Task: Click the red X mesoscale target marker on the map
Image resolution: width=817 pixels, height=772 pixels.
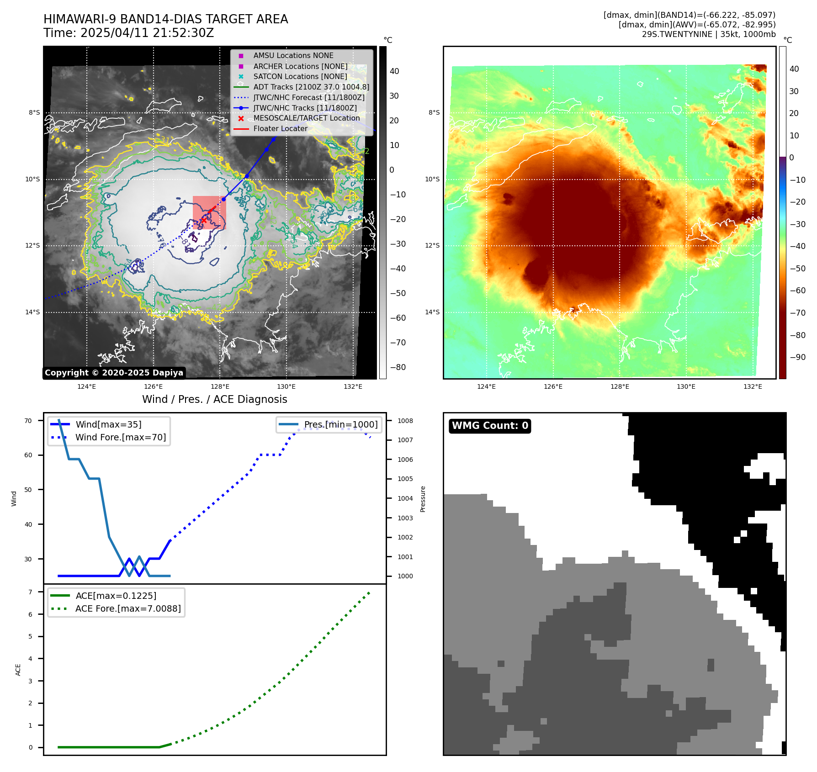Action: (204, 220)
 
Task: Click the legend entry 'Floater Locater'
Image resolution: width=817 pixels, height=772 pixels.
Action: (280, 129)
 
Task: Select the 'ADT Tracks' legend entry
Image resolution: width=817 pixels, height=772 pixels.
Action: (311, 87)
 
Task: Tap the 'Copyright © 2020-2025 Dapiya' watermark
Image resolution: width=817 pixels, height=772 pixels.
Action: (114, 373)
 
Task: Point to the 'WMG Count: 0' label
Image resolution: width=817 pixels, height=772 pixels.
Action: (490, 426)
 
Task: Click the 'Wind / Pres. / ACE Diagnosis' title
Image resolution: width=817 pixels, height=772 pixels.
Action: (215, 399)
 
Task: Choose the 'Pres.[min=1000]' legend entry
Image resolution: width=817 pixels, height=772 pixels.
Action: (341, 424)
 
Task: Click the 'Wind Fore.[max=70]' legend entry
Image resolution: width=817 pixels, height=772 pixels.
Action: (121, 437)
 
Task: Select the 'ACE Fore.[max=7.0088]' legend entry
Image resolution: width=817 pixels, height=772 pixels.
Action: (128, 608)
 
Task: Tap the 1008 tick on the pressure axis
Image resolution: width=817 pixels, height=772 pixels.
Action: (405, 421)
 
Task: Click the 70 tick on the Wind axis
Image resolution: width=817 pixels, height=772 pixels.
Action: (28, 421)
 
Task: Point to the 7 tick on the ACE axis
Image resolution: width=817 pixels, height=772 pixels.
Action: (31, 592)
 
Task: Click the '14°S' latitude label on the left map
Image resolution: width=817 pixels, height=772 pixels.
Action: (32, 312)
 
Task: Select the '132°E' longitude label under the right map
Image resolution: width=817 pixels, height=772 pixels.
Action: (753, 386)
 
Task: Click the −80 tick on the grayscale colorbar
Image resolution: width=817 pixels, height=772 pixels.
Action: (398, 367)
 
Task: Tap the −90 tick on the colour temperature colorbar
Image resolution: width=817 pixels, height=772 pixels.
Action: (797, 357)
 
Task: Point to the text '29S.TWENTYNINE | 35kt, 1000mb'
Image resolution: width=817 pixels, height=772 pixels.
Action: (709, 34)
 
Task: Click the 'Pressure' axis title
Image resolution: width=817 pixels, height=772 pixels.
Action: (423, 499)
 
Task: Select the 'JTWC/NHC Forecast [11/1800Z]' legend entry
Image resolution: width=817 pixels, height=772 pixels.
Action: (309, 97)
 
